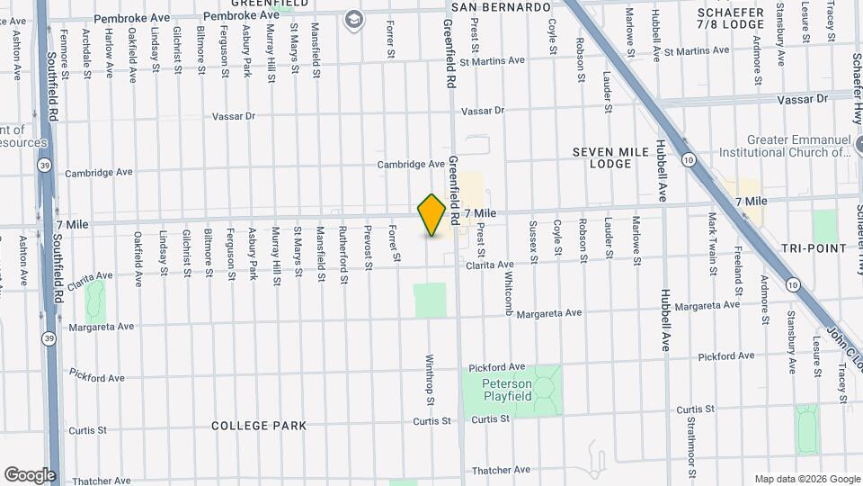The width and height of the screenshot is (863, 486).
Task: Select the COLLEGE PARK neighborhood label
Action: tap(259, 425)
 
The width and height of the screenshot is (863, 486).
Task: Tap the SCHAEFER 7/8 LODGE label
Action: tap(730, 19)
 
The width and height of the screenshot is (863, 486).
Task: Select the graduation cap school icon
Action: tap(354, 19)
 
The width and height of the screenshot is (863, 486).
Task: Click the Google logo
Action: tap(30, 475)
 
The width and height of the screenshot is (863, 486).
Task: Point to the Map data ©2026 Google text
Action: tap(806, 479)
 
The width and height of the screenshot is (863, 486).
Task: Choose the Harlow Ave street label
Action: tap(109, 51)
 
